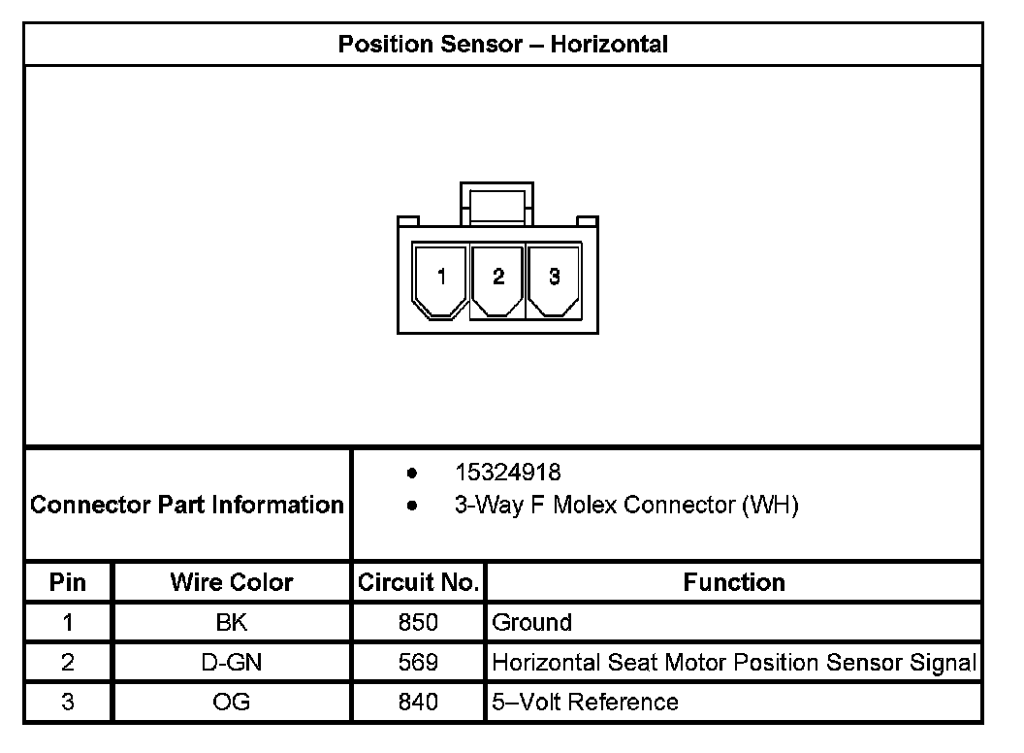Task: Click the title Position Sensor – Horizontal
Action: click(x=502, y=44)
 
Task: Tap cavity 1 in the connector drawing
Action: click(x=441, y=278)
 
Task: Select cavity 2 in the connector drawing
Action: click(x=497, y=278)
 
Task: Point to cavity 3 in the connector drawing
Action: click(x=554, y=278)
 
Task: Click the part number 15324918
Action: click(x=507, y=473)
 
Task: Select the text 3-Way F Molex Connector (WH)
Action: click(x=625, y=506)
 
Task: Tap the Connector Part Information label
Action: click(x=187, y=505)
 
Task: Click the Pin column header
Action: click(x=68, y=582)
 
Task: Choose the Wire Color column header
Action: click(x=232, y=582)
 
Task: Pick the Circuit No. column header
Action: click(x=418, y=582)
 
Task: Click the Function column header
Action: click(x=734, y=582)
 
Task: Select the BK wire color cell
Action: click(x=232, y=622)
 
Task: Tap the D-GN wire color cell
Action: click(x=232, y=662)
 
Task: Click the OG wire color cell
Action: click(x=232, y=702)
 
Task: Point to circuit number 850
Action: click(x=418, y=622)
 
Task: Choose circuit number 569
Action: click(x=418, y=662)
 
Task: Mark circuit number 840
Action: click(x=418, y=702)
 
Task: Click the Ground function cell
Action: click(x=532, y=622)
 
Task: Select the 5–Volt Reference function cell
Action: click(x=586, y=702)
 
